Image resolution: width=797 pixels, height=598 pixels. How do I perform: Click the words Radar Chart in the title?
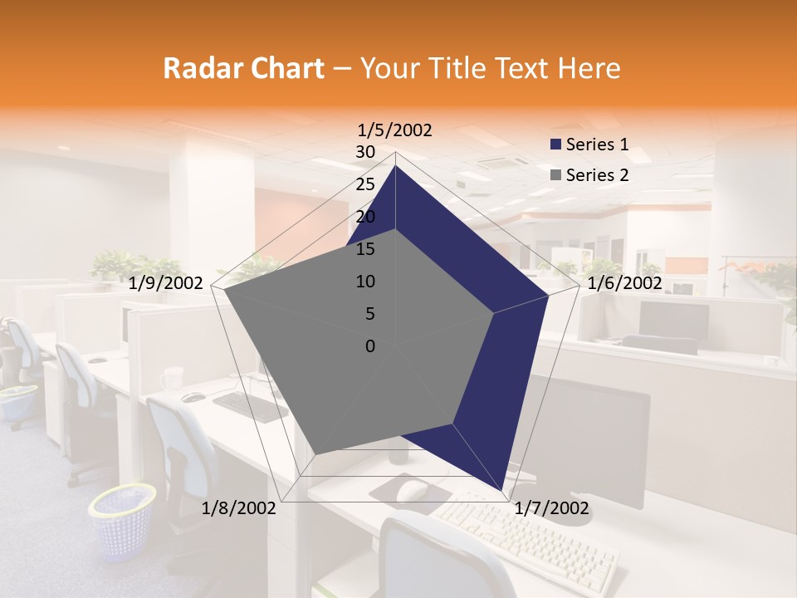pos(242,69)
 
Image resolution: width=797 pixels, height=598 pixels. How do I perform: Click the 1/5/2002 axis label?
pos(394,130)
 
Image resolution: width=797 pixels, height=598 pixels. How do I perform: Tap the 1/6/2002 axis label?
pos(624,283)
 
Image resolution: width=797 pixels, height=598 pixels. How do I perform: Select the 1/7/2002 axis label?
pos(551,507)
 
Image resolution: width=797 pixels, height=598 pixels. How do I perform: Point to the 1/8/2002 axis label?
pos(238,507)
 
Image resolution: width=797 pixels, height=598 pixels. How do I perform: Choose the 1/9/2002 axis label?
pos(166,283)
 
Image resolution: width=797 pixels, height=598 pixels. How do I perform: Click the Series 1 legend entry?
pos(588,145)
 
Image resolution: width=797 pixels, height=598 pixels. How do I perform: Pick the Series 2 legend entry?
pos(588,175)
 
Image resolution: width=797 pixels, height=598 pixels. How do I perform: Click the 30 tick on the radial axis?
pos(365,152)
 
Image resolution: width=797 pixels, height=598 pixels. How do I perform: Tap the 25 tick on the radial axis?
pos(365,184)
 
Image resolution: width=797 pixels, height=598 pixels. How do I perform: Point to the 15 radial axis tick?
pos(365,249)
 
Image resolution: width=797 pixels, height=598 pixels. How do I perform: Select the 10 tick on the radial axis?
pos(365,282)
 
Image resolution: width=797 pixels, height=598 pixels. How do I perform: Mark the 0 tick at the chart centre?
pos(370,346)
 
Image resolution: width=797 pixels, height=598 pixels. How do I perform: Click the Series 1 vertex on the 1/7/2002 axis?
pos(501,491)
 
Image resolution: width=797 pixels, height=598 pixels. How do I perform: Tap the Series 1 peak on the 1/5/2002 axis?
pos(395,165)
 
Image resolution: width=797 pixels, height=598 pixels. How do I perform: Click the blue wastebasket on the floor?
pos(122,521)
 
